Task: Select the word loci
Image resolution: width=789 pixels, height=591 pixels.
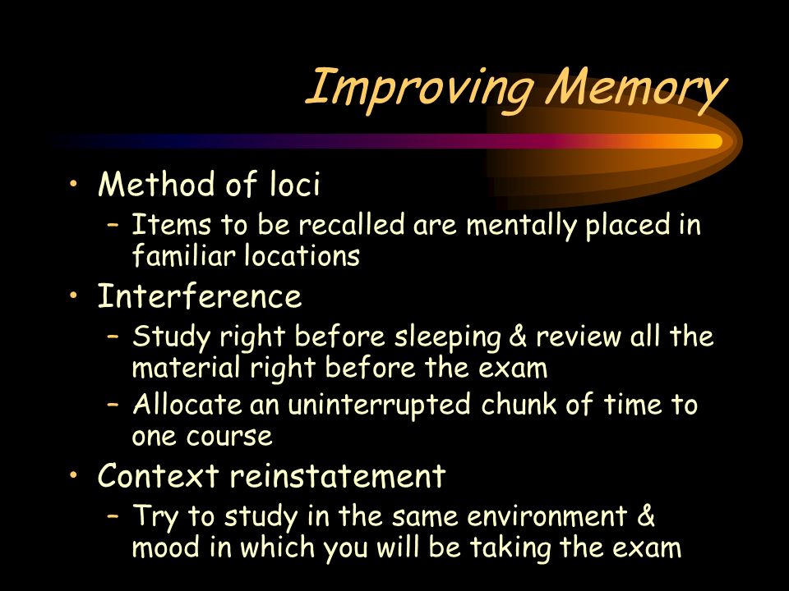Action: pos(294,183)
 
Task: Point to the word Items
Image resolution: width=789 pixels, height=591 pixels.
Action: pos(171,224)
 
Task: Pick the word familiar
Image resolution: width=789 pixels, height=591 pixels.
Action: pos(183,254)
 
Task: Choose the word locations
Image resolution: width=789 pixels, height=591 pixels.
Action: pos(302,254)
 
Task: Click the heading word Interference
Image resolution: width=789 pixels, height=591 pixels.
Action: pos(199,295)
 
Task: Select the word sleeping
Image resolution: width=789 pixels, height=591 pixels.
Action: pos(447,337)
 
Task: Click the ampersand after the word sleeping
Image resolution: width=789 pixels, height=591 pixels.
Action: pos(519,337)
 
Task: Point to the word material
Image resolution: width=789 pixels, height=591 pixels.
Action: pos(187,368)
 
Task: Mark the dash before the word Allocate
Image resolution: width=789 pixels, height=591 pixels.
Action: pos(113,404)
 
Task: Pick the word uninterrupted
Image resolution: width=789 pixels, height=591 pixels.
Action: pos(379,405)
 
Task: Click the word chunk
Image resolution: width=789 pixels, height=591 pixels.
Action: pos(519,404)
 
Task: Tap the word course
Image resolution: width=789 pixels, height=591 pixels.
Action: pos(229,436)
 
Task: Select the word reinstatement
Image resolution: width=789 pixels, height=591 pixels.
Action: pos(338,475)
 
